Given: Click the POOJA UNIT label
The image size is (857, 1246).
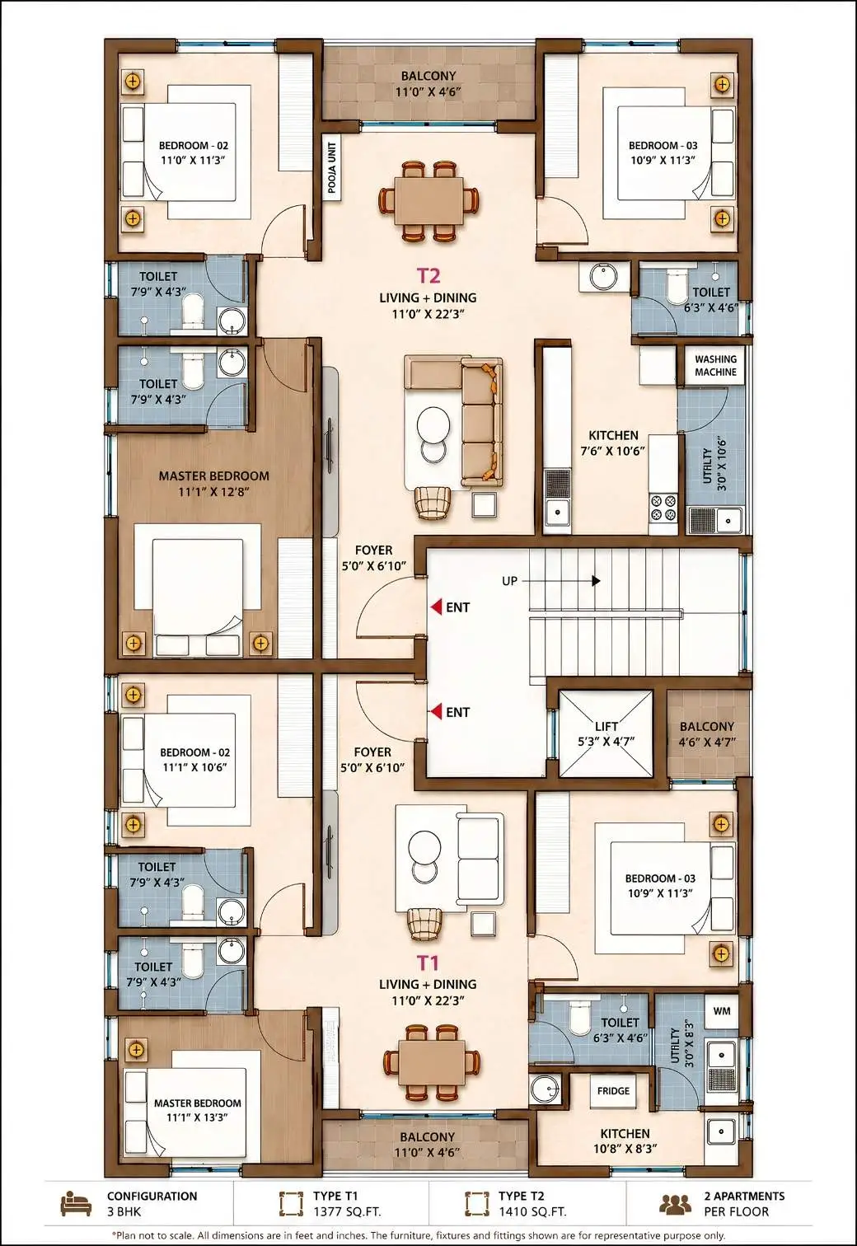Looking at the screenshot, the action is [332, 168].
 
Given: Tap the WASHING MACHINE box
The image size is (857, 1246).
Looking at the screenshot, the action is [715, 366].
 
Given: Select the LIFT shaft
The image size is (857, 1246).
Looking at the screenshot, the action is [606, 733].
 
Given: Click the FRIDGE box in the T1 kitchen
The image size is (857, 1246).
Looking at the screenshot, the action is [613, 1091].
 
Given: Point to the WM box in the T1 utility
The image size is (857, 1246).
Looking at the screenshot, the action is [722, 1011].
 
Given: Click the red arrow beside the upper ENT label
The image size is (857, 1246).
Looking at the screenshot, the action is [437, 607].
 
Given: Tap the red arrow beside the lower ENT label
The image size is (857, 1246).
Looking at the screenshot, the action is [437, 712].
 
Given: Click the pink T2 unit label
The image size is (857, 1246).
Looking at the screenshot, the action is [428, 275].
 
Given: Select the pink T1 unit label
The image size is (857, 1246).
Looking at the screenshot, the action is [428, 963].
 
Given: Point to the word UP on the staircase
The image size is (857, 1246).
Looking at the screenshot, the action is [509, 581].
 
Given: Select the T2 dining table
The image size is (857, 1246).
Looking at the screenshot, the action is [428, 200].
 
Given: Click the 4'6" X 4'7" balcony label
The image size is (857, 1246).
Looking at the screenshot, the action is [707, 734].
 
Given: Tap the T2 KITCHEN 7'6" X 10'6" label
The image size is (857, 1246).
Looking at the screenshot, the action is [613, 443].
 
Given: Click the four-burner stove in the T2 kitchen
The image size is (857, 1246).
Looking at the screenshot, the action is [663, 508].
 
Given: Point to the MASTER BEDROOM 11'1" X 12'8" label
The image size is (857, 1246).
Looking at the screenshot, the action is [213, 484].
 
